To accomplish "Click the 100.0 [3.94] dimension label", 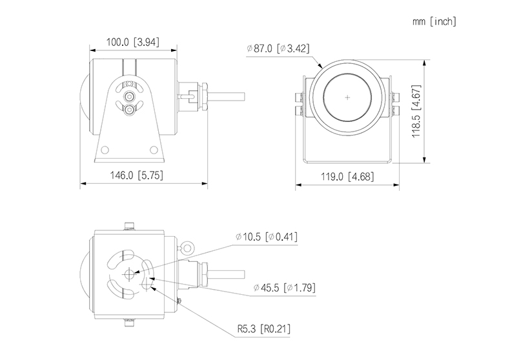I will (x=133, y=43).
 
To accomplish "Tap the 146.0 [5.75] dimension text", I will (x=143, y=175).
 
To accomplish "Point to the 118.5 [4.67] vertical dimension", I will (x=417, y=114).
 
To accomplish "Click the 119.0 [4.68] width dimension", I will (x=346, y=176).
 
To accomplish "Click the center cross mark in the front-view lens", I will (x=347, y=97).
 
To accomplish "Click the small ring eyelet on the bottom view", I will (x=187, y=246).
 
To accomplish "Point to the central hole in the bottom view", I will (x=128, y=274).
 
